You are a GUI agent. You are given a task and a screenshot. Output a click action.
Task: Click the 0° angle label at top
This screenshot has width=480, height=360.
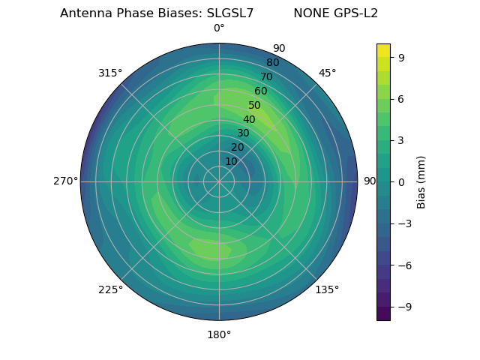pos(219,28)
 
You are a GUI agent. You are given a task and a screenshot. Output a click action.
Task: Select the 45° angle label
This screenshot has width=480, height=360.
pos(327,73)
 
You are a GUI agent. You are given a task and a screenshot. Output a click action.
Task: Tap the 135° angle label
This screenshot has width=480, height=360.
pos(327,289)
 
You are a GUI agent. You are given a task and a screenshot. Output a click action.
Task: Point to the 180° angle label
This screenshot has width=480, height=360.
pos(219,334)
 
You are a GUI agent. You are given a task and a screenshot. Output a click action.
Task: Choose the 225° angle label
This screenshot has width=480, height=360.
pos(110,289)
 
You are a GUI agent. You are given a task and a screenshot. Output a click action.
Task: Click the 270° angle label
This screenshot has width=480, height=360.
pos(65,181)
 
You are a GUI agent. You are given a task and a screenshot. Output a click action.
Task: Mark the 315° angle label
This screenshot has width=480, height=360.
pos(110,73)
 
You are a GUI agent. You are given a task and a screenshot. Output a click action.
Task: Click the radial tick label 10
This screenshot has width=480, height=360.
pos(231,161)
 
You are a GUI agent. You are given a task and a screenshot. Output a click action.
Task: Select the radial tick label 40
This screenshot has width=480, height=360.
pos(249,119)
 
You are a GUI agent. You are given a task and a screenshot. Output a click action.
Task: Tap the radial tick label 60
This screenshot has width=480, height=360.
pos(261,91)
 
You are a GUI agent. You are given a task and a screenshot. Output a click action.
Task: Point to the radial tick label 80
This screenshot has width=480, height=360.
pos(273,63)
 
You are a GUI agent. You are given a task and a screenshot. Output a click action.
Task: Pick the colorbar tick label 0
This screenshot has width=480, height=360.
pos(402,181)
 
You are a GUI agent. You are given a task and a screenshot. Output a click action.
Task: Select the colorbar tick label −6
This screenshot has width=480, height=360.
pos(405,265)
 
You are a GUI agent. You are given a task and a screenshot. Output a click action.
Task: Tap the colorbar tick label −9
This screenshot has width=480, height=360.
pos(405,307)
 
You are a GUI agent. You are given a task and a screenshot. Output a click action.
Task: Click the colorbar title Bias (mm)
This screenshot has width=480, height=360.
pos(421,181)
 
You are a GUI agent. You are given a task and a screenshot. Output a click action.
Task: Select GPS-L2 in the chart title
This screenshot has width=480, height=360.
pos(355,13)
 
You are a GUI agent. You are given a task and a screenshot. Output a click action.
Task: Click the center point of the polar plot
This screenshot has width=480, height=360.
pos(219,181)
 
